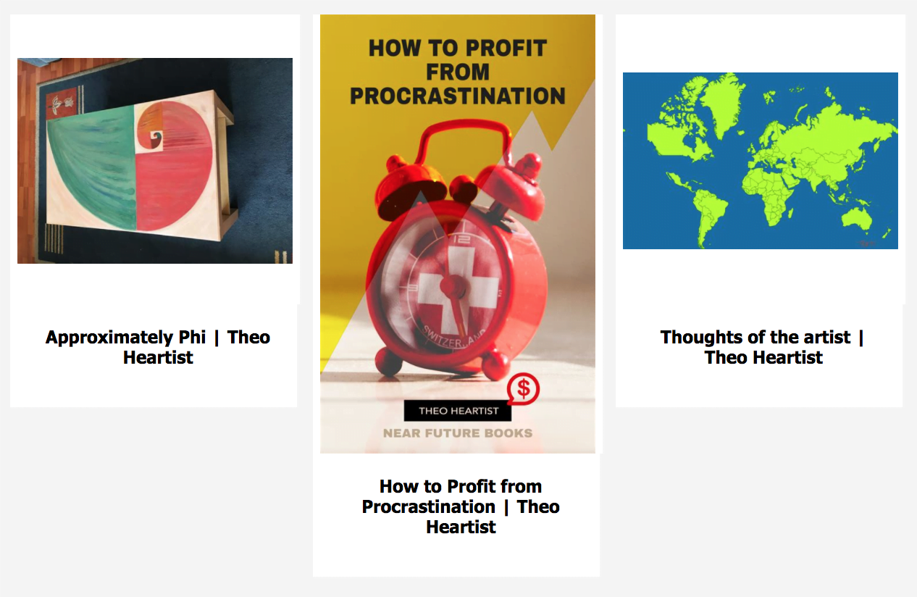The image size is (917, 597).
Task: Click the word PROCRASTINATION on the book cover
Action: (x=458, y=96)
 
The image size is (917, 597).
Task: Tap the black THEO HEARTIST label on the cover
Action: (x=458, y=411)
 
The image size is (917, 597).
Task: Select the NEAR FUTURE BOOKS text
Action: (x=458, y=433)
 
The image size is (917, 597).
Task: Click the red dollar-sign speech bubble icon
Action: (x=523, y=388)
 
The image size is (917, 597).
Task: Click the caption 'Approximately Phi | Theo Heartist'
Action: (x=158, y=347)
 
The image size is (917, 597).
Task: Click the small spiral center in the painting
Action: (x=156, y=137)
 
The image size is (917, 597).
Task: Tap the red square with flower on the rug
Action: (x=62, y=103)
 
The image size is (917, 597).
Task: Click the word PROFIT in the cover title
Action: (x=506, y=48)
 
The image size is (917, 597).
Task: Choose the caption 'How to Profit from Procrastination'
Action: (x=461, y=506)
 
